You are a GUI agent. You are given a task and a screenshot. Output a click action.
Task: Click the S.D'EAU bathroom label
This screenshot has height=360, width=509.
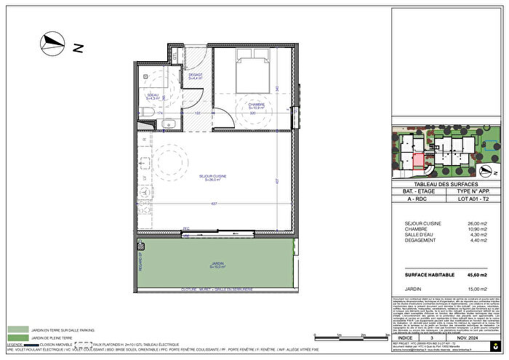click(x=153, y=95)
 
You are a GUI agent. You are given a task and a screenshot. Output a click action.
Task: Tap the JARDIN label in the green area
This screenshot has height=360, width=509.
click(x=216, y=264)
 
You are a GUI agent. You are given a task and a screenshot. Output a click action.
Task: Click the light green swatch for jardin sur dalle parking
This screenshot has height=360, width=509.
click(x=17, y=329)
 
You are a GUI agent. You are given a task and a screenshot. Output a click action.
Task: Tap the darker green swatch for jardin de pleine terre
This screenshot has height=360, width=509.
click(x=17, y=337)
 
